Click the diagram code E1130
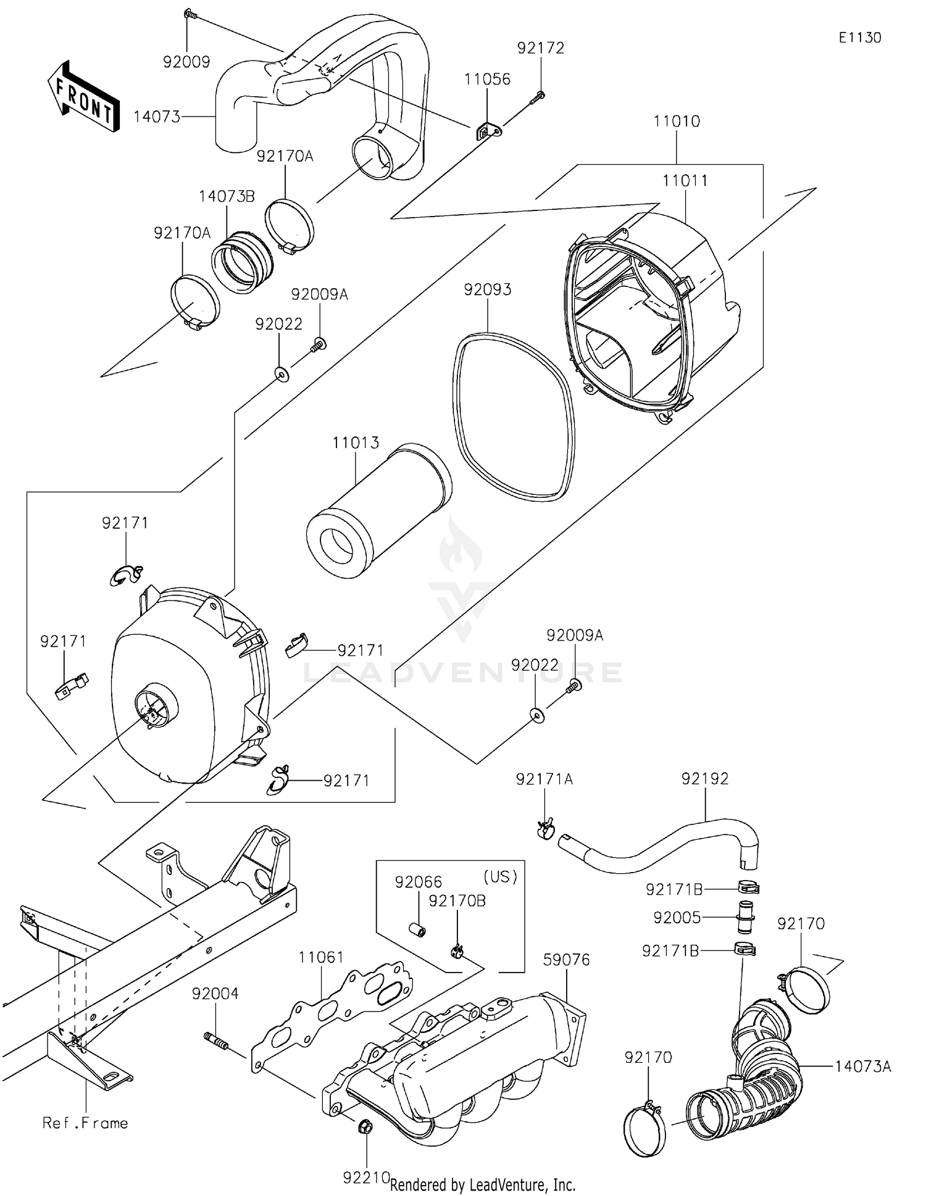pos(859,38)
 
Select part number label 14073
pos(157,116)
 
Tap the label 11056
pos(487,79)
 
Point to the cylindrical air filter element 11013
pos(378,510)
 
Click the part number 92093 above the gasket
pos(488,289)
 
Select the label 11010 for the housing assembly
pos(677,121)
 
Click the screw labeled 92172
pos(540,95)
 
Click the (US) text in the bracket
pos(499,877)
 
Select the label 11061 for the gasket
pos(321,957)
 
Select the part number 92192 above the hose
pos(704,779)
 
